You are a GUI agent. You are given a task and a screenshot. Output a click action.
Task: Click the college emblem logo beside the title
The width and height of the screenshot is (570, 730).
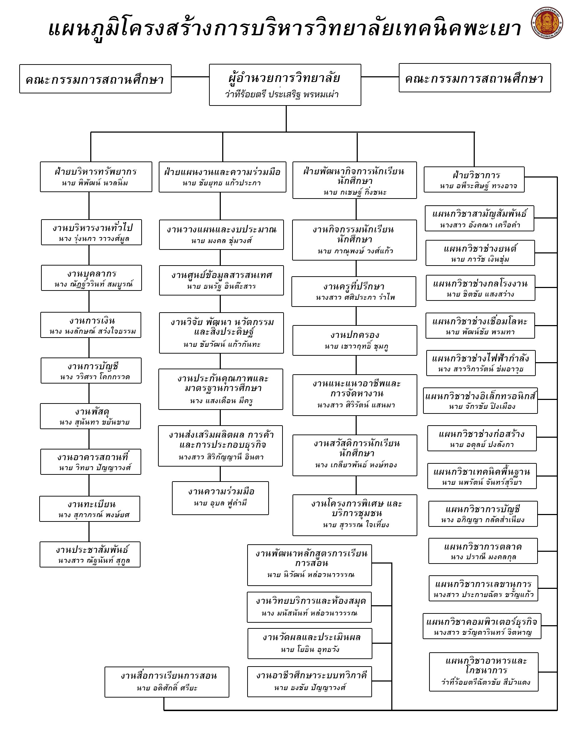tap(546, 23)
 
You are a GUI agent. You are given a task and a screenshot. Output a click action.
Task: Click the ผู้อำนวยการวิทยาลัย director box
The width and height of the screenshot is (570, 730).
tap(285, 84)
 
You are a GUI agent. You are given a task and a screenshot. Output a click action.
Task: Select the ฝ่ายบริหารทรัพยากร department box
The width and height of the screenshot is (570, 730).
tap(96, 176)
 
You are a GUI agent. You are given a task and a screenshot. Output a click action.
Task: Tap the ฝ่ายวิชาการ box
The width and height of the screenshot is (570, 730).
tap(474, 179)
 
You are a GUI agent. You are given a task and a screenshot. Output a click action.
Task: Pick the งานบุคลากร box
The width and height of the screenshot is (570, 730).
tap(91, 278)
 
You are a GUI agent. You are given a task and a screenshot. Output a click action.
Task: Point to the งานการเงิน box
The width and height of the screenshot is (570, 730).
tap(91, 325)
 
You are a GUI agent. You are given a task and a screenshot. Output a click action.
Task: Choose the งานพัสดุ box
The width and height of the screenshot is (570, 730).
tap(90, 416)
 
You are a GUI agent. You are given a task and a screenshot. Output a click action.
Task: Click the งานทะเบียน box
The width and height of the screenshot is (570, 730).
tap(90, 509)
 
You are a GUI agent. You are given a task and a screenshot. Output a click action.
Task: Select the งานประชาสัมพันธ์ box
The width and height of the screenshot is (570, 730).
tap(90, 554)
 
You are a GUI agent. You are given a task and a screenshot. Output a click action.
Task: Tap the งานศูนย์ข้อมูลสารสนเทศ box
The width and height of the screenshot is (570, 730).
tap(221, 280)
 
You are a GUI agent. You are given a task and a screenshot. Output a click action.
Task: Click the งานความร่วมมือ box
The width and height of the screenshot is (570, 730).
tap(220, 498)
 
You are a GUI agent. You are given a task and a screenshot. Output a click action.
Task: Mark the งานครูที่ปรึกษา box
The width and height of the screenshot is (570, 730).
tap(353, 291)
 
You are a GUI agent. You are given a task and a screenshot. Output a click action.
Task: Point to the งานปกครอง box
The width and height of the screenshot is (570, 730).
tap(355, 340)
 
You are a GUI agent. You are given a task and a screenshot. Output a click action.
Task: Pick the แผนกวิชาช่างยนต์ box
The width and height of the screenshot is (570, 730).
tap(480, 253)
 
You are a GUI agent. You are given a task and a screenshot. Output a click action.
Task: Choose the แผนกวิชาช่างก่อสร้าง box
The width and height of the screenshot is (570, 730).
tap(482, 438)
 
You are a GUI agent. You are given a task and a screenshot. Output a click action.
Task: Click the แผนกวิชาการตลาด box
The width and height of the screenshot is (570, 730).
tap(483, 551)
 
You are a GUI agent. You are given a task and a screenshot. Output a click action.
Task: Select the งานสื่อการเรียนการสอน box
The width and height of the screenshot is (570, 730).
tap(167, 682)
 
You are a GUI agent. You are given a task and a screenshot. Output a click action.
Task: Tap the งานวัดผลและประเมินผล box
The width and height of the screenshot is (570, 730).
tap(310, 643)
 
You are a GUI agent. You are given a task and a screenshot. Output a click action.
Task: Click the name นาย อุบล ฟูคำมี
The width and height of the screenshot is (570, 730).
tap(220, 503)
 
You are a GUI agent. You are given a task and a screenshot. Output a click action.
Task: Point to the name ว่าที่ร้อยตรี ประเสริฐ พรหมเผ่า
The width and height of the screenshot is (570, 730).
tap(282, 94)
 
